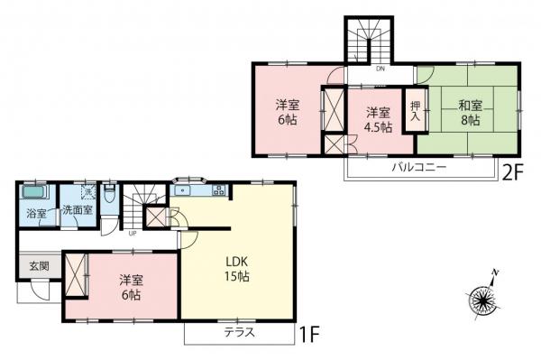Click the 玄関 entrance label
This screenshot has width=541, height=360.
click(26, 266)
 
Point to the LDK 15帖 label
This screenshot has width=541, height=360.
click(238, 269)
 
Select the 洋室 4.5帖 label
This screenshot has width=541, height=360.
click(379, 120)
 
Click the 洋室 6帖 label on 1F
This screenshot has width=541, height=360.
click(129, 288)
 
